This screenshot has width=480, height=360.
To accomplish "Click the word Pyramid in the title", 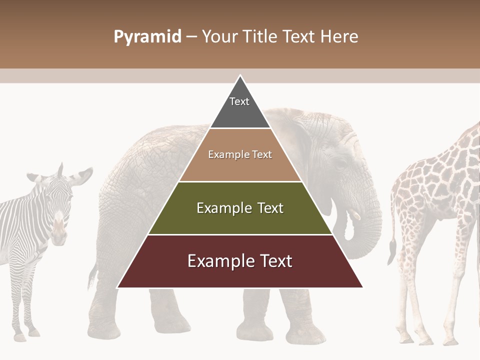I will click(x=147, y=37).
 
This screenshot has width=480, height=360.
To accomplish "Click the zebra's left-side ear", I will click(x=34, y=177).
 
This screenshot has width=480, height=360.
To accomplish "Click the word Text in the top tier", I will click(x=239, y=101).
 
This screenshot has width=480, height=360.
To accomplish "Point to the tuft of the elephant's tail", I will click(x=92, y=280).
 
